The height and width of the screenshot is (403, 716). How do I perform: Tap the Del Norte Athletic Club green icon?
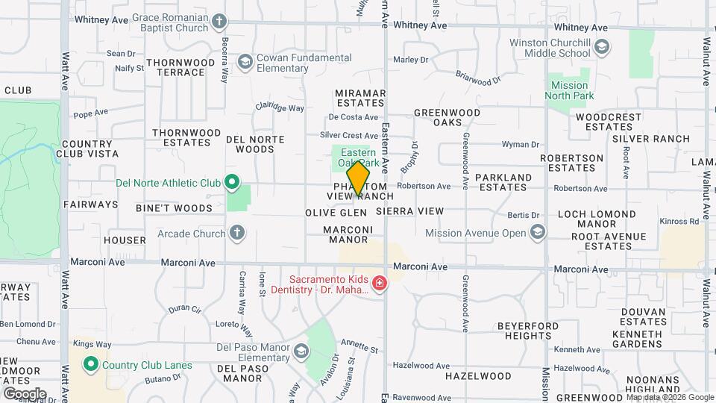click(x=232, y=182)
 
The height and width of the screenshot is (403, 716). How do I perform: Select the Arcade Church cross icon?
click(x=237, y=234)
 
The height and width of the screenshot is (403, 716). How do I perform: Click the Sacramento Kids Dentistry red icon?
click(x=380, y=283)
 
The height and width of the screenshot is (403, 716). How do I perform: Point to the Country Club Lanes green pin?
click(x=91, y=365)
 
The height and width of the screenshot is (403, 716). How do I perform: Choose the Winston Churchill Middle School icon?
click(x=601, y=49)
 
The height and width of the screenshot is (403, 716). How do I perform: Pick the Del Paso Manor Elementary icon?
click(x=301, y=352)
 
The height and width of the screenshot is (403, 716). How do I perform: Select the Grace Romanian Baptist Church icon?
click(x=219, y=22)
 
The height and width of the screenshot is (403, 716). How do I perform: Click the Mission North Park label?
click(x=569, y=90)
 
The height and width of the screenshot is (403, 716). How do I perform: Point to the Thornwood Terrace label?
click(x=176, y=67)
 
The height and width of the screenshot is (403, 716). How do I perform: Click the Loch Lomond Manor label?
click(x=597, y=219)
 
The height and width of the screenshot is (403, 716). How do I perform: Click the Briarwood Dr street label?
click(x=478, y=78)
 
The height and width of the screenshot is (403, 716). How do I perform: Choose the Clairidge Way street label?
click(x=280, y=107)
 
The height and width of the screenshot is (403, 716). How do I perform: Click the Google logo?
click(x=25, y=393)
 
